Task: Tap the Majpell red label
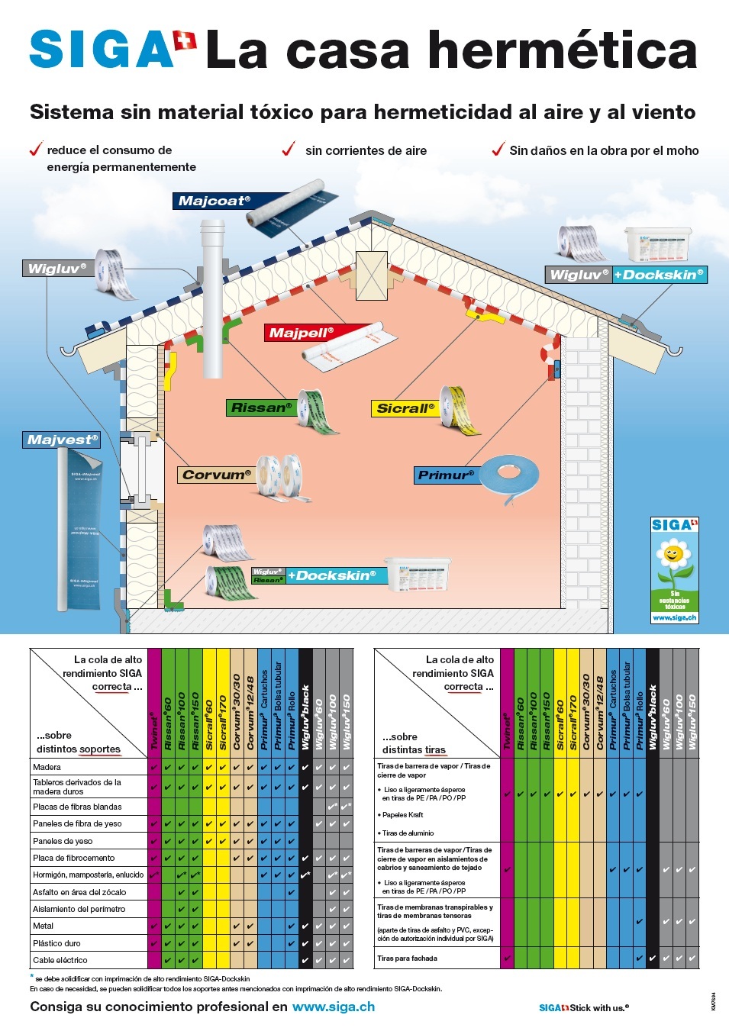tap(301, 333)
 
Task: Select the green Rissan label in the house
tap(261, 408)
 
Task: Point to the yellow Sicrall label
tap(405, 408)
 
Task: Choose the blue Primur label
tap(446, 475)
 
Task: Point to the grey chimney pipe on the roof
tap(213, 298)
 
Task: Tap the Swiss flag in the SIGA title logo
tap(185, 40)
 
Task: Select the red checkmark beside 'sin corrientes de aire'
tap(289, 149)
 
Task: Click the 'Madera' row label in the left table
tap(47, 767)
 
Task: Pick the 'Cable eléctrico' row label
tap(60, 960)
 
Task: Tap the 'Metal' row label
tap(44, 926)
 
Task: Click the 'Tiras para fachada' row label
tap(408, 958)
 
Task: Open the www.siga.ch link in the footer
tap(334, 1007)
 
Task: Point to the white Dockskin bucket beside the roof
tap(656, 244)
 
